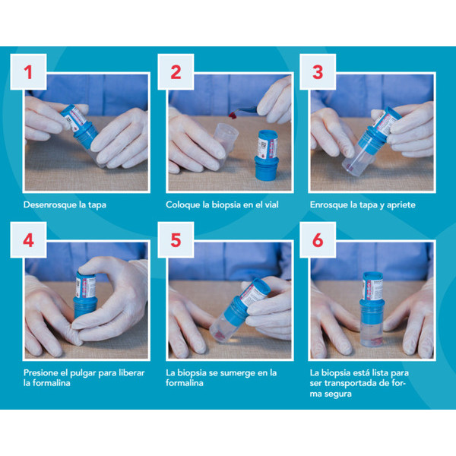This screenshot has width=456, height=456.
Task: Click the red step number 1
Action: pos(28,72)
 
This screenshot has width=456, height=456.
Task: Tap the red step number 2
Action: pos(176,72)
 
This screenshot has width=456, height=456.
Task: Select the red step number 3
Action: pos(318,72)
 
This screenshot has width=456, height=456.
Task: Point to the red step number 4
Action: pos(29,240)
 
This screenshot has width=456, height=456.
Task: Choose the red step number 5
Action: pos(176,240)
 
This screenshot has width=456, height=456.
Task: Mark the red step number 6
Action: pos(318,240)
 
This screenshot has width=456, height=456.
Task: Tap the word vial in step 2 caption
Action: pos(271,204)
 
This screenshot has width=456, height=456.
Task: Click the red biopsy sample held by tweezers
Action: pos(233,116)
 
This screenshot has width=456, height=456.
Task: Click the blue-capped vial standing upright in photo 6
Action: pos(372,309)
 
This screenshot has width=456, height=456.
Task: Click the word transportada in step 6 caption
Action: pos(356,384)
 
